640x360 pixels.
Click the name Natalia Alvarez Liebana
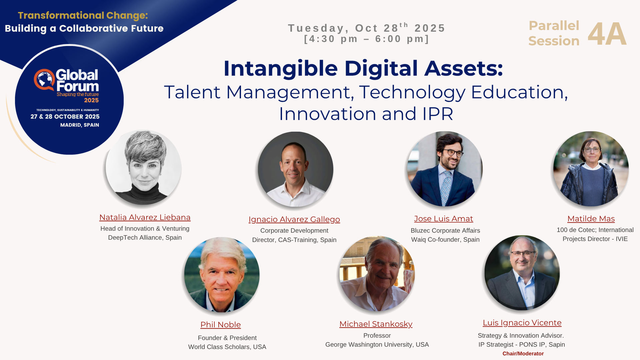[145, 217]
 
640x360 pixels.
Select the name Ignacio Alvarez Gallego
[294, 219]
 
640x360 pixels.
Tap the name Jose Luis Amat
[444, 219]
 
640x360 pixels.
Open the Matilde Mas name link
[591, 219]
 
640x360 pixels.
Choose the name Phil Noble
[221, 325]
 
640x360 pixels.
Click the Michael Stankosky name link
[376, 324]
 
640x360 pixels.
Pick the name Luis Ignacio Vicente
[522, 323]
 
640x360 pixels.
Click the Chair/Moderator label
[523, 354]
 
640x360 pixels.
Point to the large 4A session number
[607, 34]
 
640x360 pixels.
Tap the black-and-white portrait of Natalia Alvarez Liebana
[144, 168]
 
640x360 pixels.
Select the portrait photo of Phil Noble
[222, 275]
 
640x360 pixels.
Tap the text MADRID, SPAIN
[80, 125]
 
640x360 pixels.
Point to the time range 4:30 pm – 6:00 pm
[367, 39]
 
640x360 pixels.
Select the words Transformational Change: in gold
[83, 16]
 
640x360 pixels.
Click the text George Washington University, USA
[377, 345]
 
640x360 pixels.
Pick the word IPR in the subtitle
[438, 114]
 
